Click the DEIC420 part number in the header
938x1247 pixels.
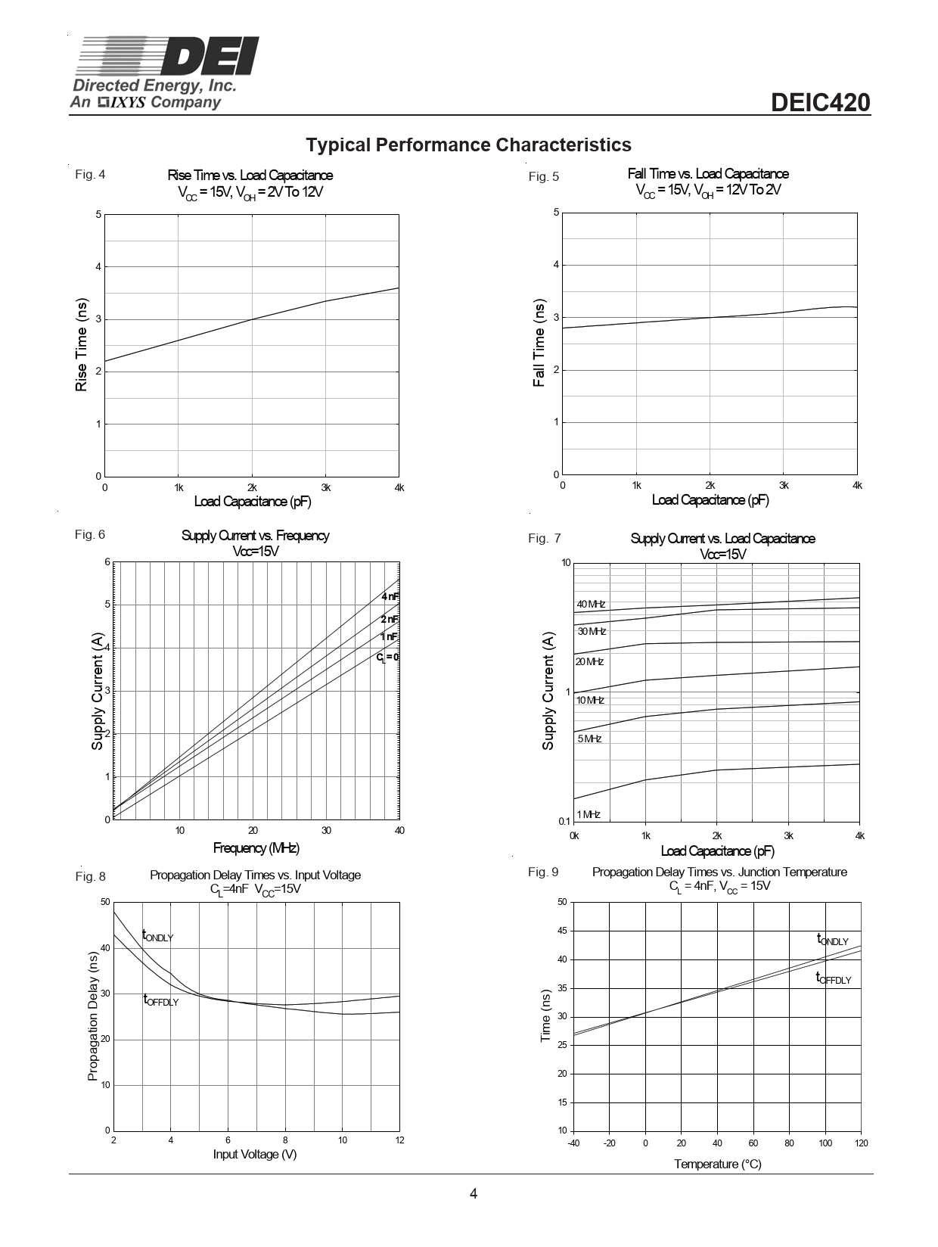coord(821,103)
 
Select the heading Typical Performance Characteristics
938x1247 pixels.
coord(468,145)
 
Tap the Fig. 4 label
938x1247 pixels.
coord(90,175)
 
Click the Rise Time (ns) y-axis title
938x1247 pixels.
coord(81,345)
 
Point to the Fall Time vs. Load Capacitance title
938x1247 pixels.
coord(708,174)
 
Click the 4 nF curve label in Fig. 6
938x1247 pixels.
coord(390,597)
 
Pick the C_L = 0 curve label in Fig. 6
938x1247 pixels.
coord(387,658)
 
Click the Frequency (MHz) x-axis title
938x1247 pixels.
coord(256,847)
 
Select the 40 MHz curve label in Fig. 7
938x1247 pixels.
coord(591,605)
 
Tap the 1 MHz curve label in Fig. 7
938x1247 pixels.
coord(588,814)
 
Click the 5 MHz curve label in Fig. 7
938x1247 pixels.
coord(589,739)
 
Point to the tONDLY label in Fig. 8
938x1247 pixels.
coord(157,937)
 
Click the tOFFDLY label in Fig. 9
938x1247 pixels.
coord(833,979)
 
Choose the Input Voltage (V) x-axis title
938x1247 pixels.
coord(255,1154)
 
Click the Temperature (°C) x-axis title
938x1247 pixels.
coord(718,1164)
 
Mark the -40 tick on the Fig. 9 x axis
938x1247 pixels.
coord(573,1143)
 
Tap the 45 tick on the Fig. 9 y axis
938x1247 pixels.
coord(562,931)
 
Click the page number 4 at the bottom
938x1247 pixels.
coord(474,1194)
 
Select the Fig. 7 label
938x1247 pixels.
coord(545,539)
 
